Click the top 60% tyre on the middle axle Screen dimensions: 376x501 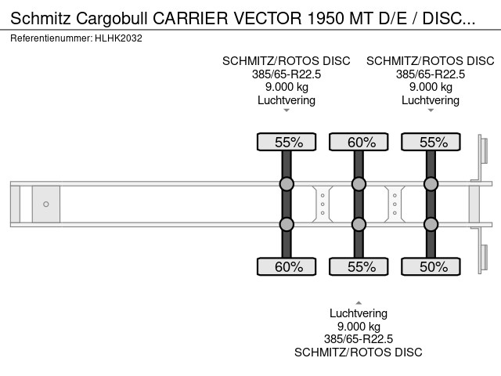pyautogui.click(x=359, y=142)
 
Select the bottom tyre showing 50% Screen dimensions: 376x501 pyautogui.click(x=431, y=266)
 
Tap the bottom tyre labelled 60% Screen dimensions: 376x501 pyautogui.click(x=287, y=266)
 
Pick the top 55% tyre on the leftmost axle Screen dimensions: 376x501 pyautogui.click(x=287, y=142)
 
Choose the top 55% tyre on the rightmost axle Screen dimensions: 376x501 pyautogui.click(x=431, y=142)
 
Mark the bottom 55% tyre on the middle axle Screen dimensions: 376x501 pyautogui.click(x=359, y=266)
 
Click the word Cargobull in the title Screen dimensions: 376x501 pyautogui.click(x=114, y=17)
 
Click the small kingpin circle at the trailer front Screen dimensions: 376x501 pyautogui.click(x=46, y=204)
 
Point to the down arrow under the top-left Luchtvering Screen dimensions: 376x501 pyautogui.click(x=287, y=110)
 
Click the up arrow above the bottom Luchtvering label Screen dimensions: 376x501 pyautogui.click(x=359, y=302)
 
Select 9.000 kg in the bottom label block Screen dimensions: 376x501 pyautogui.click(x=359, y=327)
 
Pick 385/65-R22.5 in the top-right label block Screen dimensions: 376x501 pyautogui.click(x=431, y=74)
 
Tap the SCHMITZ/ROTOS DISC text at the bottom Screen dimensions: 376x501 pyautogui.click(x=359, y=352)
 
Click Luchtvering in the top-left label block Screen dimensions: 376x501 pyautogui.click(x=287, y=99)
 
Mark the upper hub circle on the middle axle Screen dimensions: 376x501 pyautogui.click(x=359, y=185)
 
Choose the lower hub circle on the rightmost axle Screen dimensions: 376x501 pyautogui.click(x=431, y=224)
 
